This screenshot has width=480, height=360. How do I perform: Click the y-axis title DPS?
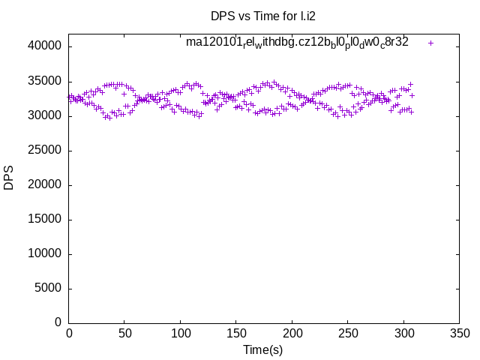(9, 178)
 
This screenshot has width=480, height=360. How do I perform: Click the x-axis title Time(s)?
(262, 349)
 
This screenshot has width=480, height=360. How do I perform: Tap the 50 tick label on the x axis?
(124, 333)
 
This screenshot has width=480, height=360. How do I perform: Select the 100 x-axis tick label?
(180, 333)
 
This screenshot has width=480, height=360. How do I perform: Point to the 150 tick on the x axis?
(236, 333)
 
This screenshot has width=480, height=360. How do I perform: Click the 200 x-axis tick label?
(292, 333)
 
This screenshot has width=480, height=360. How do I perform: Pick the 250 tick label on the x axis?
(347, 333)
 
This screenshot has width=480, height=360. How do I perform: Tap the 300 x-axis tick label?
(403, 333)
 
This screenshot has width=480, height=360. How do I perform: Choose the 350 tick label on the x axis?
(459, 333)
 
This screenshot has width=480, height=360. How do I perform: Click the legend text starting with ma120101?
(297, 43)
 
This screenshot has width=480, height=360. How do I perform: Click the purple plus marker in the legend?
(430, 43)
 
